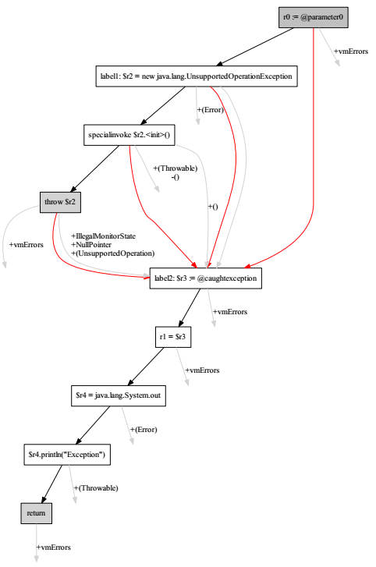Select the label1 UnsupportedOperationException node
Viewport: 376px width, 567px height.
click(x=196, y=76)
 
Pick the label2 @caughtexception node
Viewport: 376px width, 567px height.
click(x=210, y=278)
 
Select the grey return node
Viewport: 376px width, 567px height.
click(x=36, y=512)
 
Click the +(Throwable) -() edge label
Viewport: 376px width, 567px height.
click(x=176, y=172)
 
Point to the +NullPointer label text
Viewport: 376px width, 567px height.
click(x=91, y=244)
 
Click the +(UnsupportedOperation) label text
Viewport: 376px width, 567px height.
click(x=112, y=253)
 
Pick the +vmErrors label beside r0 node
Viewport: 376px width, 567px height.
click(x=351, y=51)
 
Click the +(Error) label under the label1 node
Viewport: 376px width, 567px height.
click(x=211, y=110)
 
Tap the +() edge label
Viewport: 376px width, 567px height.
click(x=211, y=207)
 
